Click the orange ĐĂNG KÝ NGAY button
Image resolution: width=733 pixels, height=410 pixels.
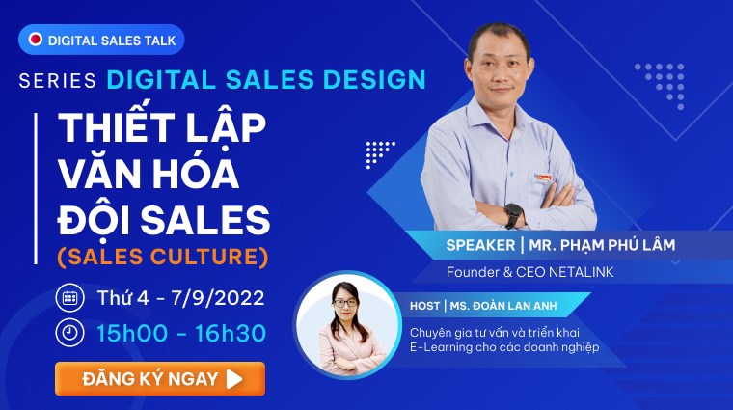[159, 378]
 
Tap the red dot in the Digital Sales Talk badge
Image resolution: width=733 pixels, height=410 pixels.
[36, 40]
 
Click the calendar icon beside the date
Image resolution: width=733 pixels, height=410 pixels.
[69, 297]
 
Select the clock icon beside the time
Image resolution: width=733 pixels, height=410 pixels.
[69, 333]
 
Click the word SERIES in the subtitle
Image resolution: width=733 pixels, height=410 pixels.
[57, 80]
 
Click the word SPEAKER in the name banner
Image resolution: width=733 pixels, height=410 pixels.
[480, 245]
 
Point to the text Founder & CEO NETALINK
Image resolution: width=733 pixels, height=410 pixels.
[529, 273]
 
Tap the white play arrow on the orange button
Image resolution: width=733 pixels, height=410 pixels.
[234, 378]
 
